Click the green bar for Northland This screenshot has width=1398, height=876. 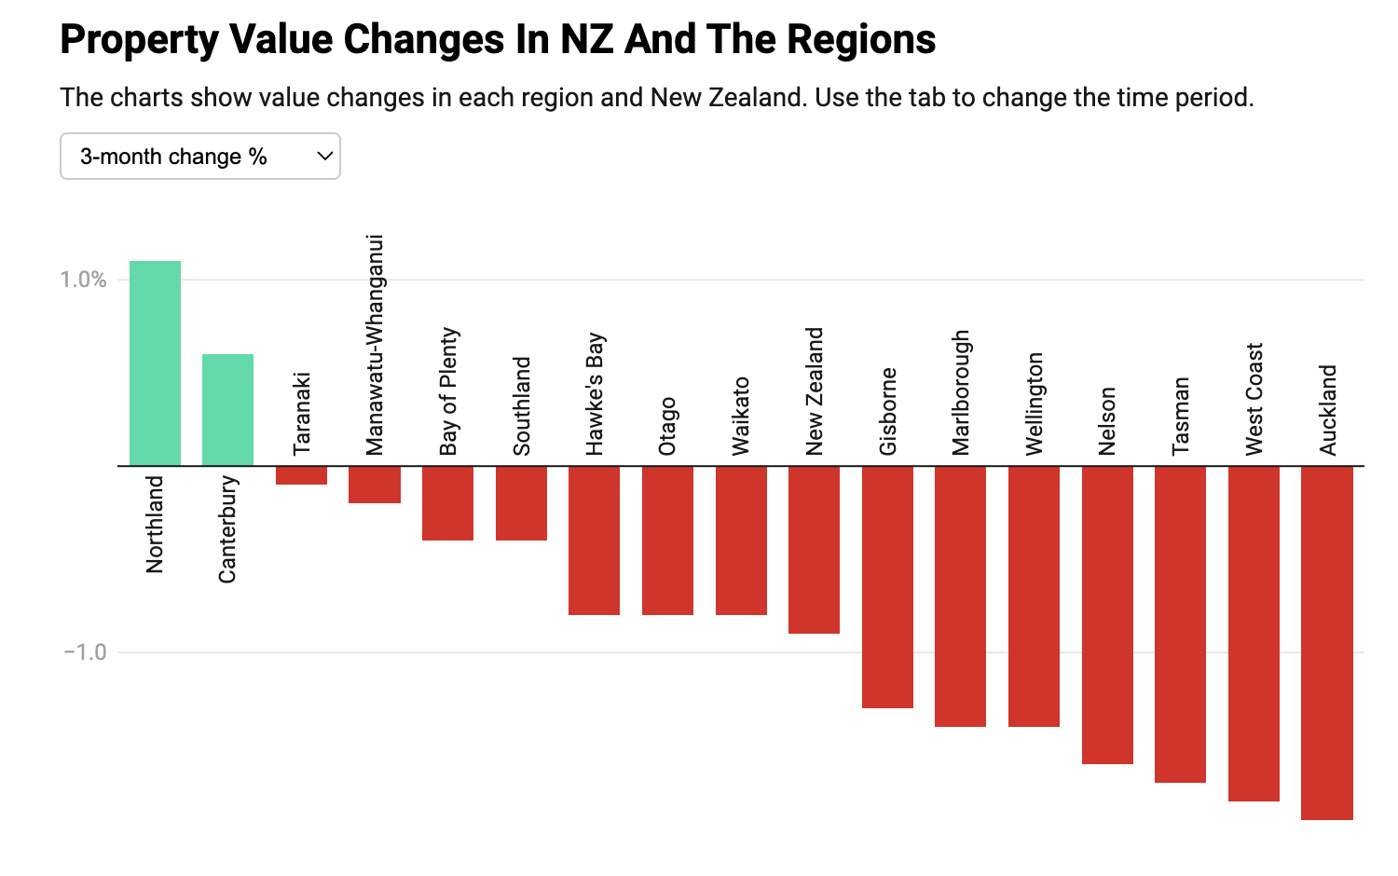click(x=155, y=363)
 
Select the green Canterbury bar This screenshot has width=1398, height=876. click(x=227, y=410)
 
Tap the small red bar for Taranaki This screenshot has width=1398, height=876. click(x=301, y=475)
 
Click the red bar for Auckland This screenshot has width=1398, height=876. click(x=1326, y=643)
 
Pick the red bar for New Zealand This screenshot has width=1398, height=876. click(x=814, y=550)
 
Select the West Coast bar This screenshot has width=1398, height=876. click(x=1254, y=634)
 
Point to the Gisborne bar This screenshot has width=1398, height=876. click(x=887, y=587)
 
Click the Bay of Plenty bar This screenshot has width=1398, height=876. click(x=447, y=503)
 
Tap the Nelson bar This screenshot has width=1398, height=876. click(x=1107, y=615)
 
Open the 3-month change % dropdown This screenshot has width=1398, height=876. click(x=199, y=157)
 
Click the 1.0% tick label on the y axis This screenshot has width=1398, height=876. click(x=84, y=280)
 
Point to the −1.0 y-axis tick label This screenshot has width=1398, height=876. click(x=86, y=652)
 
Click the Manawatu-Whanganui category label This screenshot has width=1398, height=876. click(x=375, y=345)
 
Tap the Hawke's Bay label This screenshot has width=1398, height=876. click(x=595, y=394)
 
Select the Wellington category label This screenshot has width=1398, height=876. click(x=1035, y=404)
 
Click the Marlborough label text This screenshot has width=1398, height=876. click(x=961, y=392)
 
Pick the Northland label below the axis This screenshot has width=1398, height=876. click(x=155, y=524)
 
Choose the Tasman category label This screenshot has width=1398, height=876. click(x=1181, y=416)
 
